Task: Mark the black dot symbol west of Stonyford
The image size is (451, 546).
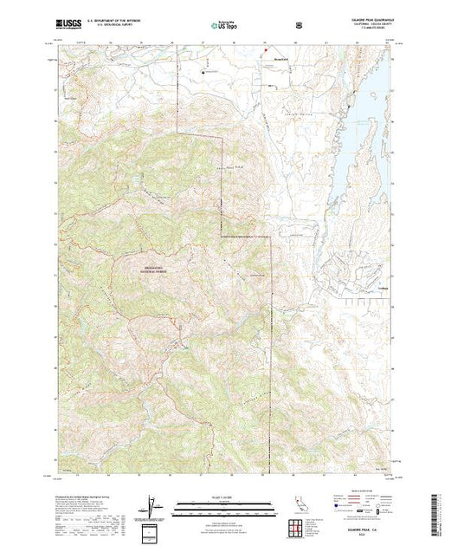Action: tap(206, 70)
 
